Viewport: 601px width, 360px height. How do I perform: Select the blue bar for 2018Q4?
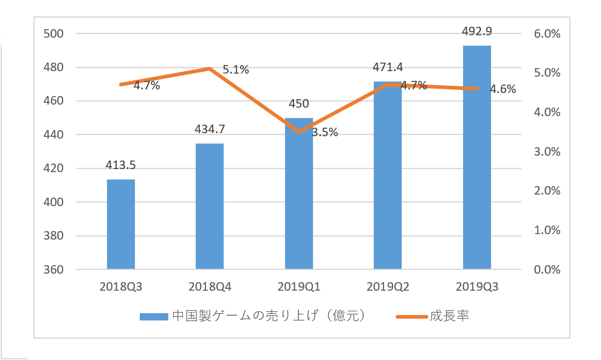tap(210, 206)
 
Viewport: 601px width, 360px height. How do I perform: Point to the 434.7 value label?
tap(210, 129)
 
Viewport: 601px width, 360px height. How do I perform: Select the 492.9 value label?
tap(476, 30)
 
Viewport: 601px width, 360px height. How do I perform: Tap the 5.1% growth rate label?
tap(236, 70)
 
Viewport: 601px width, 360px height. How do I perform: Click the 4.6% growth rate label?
tap(503, 89)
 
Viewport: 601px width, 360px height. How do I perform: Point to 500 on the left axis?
tap(54, 34)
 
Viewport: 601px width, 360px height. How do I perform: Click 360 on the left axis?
tap(54, 269)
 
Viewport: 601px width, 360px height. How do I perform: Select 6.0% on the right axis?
tap(547, 34)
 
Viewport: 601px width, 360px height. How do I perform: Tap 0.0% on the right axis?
tap(547, 269)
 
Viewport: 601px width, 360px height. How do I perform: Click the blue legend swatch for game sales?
tap(154, 316)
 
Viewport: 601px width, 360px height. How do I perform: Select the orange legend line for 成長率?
tap(411, 316)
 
